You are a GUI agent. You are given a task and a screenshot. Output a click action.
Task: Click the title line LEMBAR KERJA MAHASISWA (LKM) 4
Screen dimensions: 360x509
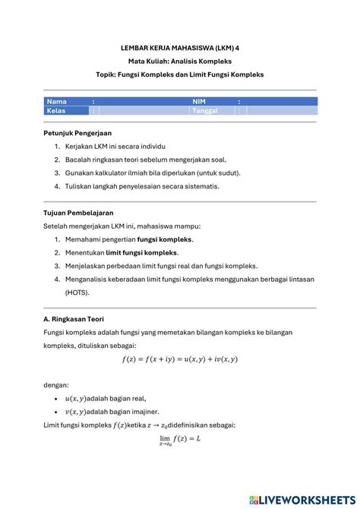pos(179,46)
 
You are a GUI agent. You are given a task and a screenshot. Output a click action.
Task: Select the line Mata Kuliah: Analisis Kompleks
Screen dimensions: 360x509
pos(179,60)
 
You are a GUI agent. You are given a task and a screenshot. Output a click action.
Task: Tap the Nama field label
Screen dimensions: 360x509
pos(57,101)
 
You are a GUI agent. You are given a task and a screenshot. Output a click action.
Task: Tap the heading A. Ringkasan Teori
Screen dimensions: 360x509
pos(74,320)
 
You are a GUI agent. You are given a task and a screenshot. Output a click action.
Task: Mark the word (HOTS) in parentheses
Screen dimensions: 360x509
pos(77,292)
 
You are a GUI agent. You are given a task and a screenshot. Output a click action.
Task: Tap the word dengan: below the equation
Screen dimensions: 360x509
pos(57,384)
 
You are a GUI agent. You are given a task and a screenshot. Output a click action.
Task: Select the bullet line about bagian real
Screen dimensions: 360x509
pos(106,398)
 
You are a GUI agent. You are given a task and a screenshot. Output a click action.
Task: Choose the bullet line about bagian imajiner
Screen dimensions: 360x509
pos(111,411)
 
